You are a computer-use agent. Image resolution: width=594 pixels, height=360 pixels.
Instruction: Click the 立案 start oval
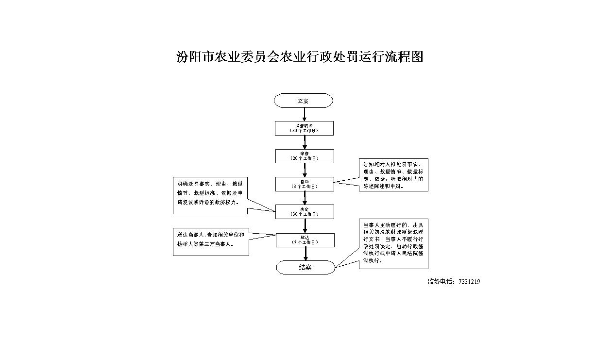click(303, 101)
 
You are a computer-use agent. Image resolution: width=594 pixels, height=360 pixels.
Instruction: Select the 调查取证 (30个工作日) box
click(304, 128)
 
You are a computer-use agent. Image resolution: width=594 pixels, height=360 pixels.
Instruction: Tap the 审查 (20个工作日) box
click(304, 156)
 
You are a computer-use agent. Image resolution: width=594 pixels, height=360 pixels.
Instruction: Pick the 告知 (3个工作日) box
click(304, 184)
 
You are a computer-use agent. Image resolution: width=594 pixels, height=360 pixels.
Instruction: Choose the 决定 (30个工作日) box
click(304, 212)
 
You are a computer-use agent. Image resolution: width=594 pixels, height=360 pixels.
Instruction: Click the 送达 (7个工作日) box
click(305, 240)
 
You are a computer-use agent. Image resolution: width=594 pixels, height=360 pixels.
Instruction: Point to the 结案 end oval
click(305, 267)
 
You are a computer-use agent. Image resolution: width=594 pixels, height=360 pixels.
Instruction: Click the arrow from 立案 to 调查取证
click(305, 114)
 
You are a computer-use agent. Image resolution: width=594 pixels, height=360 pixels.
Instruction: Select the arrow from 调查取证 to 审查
click(305, 142)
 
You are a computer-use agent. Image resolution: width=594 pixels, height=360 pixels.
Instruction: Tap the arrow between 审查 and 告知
click(305, 170)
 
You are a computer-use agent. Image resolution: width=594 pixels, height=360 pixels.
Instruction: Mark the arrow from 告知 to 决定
click(305, 198)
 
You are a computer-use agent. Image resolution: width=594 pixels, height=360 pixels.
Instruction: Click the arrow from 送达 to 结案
click(305, 254)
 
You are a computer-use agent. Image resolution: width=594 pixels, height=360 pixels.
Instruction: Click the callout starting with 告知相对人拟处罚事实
click(393, 175)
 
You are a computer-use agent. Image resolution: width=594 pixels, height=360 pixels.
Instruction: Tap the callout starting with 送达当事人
click(211, 241)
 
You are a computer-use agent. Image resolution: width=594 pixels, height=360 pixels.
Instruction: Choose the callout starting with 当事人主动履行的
click(393, 243)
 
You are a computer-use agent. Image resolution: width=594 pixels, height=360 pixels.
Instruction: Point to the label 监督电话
click(441, 282)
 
